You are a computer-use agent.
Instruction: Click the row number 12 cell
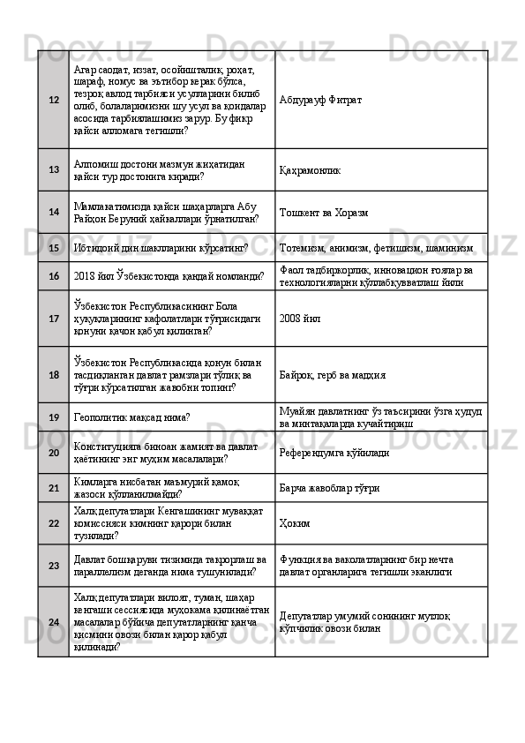[54, 99]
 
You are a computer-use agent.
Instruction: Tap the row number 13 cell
[54, 169]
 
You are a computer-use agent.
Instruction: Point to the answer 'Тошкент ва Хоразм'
[325, 213]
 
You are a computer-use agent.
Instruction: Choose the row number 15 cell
[54, 248]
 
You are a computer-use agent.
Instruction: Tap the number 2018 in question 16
[87, 276]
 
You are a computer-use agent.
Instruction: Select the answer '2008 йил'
[300, 317]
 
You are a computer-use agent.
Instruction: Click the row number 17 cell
[54, 317]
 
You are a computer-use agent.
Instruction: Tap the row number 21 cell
[54, 487]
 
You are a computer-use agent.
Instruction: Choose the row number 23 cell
[54, 566]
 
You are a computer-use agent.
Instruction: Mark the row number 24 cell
[54, 621]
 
